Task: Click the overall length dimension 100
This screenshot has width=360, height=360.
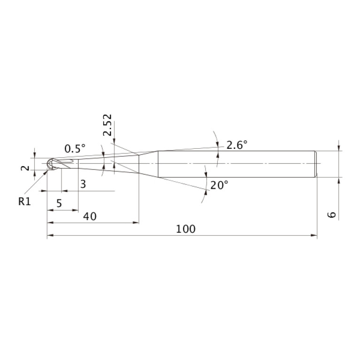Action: (x=185, y=229)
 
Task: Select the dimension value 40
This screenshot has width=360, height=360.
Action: (x=90, y=216)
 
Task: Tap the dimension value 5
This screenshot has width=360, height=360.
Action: (x=59, y=203)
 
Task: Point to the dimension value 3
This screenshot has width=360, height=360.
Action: (x=83, y=184)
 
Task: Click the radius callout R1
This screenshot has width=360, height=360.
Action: (x=24, y=201)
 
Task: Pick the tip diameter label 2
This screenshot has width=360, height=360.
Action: (x=25, y=168)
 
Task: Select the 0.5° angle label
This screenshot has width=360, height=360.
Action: (x=75, y=148)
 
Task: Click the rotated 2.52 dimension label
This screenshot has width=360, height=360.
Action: (x=107, y=125)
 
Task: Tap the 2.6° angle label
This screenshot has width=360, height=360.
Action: (x=237, y=145)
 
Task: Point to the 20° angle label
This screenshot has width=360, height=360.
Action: (x=219, y=185)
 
